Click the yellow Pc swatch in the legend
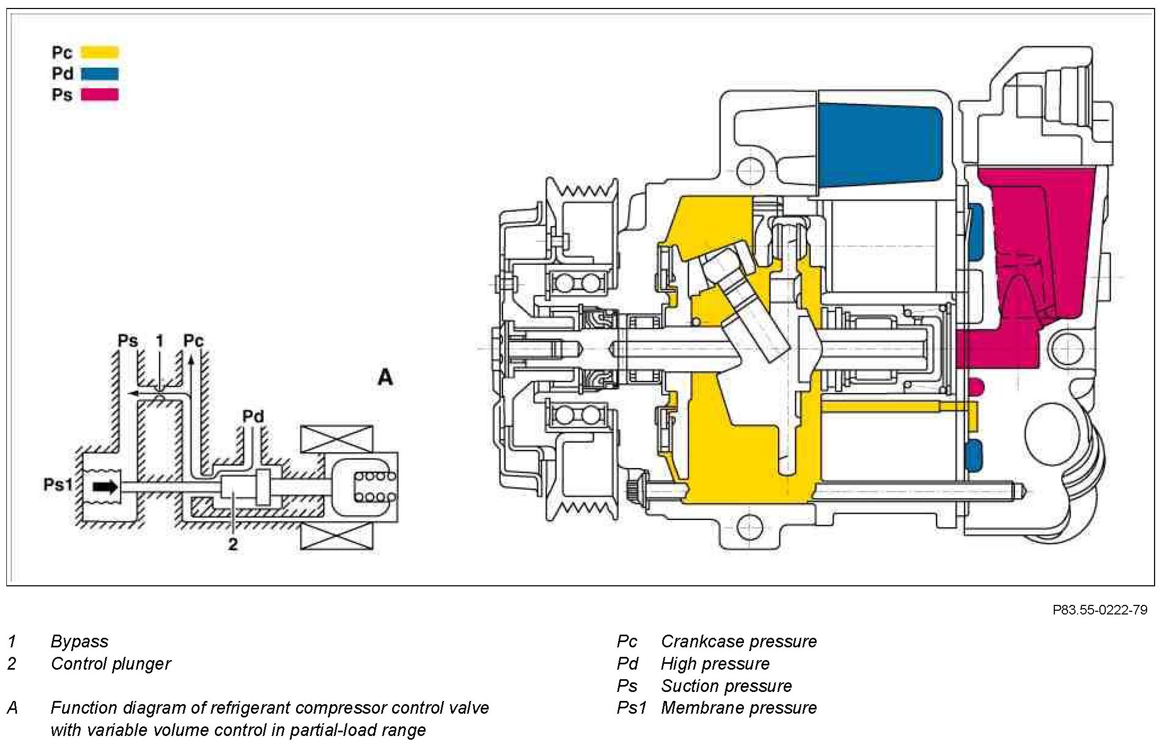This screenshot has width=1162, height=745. click(100, 52)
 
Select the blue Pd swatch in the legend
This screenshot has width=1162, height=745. click(100, 73)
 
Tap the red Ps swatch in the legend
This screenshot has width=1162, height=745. click(100, 94)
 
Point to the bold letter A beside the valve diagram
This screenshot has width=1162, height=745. click(385, 377)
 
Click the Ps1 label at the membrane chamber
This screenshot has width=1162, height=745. click(57, 484)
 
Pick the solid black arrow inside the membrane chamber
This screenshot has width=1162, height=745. click(105, 487)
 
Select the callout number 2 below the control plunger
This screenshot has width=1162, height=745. click(232, 544)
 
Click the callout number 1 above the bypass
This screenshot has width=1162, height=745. click(160, 341)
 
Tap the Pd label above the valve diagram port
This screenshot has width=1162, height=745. click(253, 417)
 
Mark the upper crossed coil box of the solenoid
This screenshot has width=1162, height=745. click(336, 439)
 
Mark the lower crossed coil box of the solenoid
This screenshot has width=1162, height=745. click(336, 536)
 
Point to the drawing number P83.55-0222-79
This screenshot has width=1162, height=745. click(1099, 610)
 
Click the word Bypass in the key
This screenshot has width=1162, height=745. click(80, 642)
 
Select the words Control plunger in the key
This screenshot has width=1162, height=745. click(111, 664)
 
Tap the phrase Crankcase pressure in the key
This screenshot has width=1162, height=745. click(739, 642)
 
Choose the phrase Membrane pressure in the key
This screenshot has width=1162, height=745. click(739, 708)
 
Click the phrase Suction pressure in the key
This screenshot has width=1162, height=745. click(726, 686)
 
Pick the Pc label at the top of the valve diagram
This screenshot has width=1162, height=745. click(193, 341)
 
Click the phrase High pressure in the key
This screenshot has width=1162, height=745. click(715, 664)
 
